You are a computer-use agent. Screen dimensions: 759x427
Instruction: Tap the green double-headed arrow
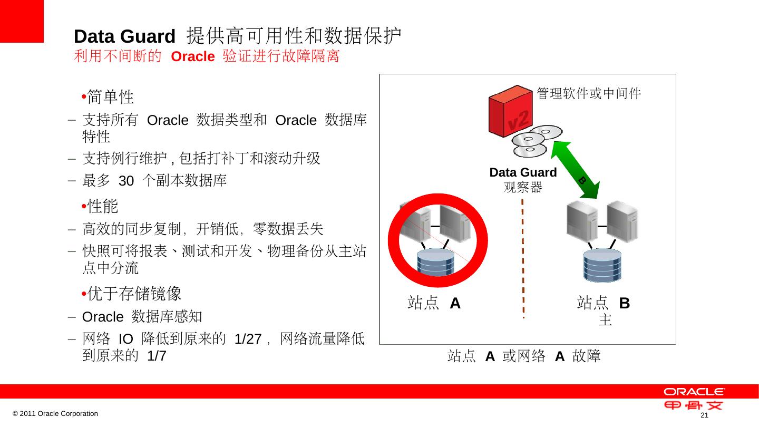pos(576,170)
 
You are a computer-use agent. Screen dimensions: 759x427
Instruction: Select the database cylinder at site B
pos(602,265)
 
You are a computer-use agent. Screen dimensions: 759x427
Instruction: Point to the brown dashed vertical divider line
pos(523,258)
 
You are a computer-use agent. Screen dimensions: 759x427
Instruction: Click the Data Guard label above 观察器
pos(523,172)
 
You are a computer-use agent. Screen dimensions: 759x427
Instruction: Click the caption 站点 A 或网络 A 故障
pos(524,357)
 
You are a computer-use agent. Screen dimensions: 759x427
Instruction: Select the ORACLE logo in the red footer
pos(694,392)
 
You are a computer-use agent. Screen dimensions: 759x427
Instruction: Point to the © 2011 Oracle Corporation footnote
pos(55,414)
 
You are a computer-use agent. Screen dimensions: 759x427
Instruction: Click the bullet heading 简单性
pos(110,97)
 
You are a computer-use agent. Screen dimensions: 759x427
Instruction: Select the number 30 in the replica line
pos(126,181)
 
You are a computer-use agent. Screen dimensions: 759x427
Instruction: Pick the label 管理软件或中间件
pos(589,94)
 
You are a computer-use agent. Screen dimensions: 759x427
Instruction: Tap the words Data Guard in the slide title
pos(124,37)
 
